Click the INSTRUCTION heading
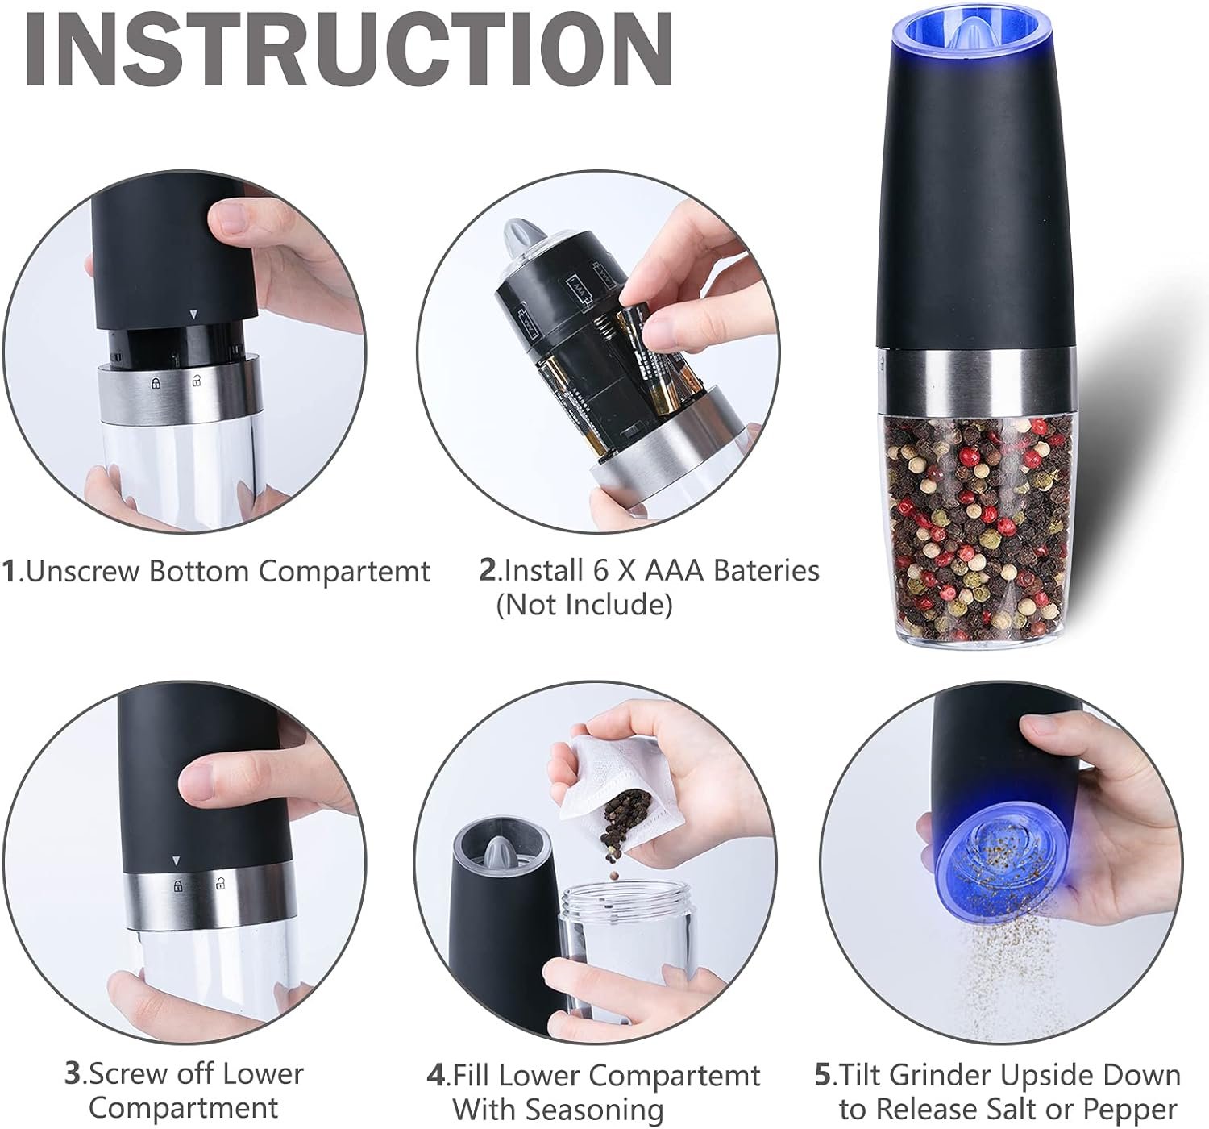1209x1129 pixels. [349, 48]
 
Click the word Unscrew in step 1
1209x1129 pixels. [83, 571]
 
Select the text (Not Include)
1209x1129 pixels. [584, 605]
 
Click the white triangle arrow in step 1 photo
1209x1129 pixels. [193, 315]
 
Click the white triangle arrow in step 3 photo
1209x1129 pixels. [177, 860]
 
